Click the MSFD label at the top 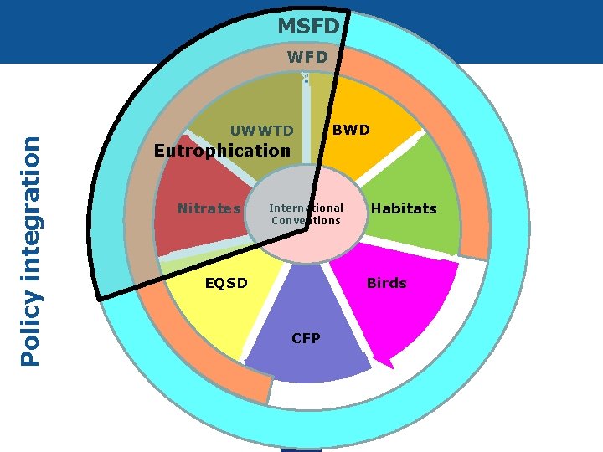click(x=308, y=27)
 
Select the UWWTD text click(x=262, y=131)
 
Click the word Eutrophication click(x=222, y=151)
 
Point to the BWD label click(x=351, y=130)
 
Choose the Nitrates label click(x=209, y=208)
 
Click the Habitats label click(x=404, y=208)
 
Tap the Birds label click(x=386, y=283)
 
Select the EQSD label click(x=227, y=283)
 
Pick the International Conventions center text click(x=306, y=214)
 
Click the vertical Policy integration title click(x=31, y=250)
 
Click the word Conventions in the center click(x=306, y=221)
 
